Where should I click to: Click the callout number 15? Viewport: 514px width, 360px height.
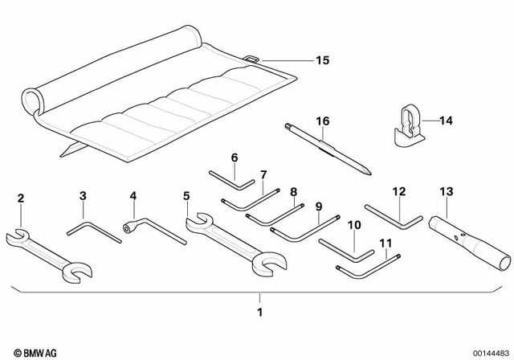(322, 60)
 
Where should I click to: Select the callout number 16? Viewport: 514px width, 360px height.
(322, 121)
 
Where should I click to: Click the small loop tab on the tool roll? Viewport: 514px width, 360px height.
(250, 59)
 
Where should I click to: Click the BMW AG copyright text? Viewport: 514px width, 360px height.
(26, 351)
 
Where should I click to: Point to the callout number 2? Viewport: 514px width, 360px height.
(21, 197)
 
